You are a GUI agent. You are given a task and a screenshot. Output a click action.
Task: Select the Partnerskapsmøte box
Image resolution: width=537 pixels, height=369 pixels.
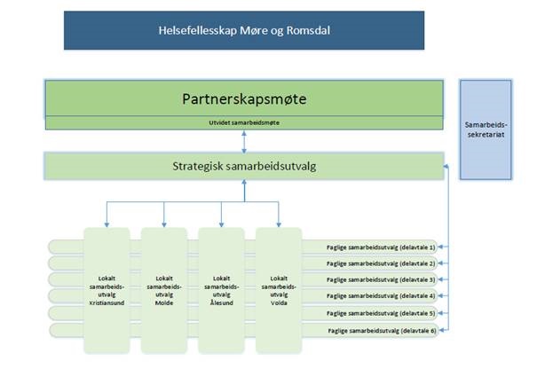[x=244, y=97]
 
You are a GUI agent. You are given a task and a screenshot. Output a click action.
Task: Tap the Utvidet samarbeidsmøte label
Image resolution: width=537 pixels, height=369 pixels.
[x=244, y=122]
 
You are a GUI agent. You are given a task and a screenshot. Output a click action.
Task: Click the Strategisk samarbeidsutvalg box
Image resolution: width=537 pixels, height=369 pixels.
[x=244, y=165]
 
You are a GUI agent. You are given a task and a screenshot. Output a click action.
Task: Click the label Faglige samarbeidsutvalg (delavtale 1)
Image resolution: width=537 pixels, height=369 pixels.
[x=382, y=247]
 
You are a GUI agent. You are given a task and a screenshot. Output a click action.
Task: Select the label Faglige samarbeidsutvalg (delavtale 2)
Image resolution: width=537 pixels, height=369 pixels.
[x=382, y=263]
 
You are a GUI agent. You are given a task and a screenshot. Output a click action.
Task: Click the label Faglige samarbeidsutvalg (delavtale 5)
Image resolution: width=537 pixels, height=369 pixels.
[x=382, y=313]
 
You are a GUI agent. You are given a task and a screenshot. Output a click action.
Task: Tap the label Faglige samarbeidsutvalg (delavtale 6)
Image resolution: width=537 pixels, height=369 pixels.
[x=382, y=330]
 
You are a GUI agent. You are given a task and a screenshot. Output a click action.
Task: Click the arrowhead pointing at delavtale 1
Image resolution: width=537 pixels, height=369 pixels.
[x=444, y=247]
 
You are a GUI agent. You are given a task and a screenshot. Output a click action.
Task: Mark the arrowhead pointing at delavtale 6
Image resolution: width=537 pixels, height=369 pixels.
[x=444, y=330]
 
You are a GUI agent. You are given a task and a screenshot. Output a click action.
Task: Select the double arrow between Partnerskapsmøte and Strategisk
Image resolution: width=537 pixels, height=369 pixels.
[x=244, y=141]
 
